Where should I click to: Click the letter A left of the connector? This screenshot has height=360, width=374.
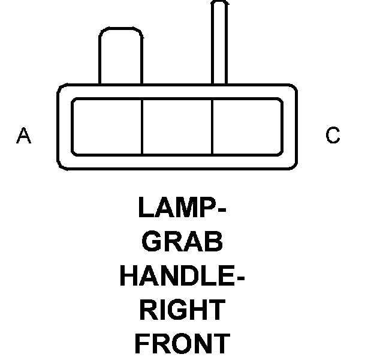23,136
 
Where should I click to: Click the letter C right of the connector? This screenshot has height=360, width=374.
333,136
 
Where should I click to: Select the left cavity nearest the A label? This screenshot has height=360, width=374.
107,126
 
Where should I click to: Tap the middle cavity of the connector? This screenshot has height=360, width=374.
177,126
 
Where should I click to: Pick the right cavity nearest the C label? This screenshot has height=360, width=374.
247,126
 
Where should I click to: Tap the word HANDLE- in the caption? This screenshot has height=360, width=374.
183,276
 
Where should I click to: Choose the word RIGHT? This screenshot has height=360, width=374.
182,310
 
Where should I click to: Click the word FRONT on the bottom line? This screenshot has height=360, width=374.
182,344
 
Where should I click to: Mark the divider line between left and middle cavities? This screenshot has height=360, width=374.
142,126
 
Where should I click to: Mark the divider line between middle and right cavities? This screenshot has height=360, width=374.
213,126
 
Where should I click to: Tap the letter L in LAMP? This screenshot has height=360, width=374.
145,208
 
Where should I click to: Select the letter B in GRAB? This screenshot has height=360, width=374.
213,242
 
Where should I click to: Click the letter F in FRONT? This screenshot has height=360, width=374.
142,344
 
